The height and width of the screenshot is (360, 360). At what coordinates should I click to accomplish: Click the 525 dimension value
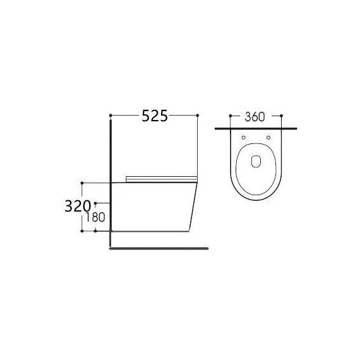tap(154, 116)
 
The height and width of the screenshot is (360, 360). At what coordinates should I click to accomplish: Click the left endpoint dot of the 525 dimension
tap(111, 115)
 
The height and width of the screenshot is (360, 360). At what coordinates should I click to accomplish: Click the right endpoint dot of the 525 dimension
tap(198, 115)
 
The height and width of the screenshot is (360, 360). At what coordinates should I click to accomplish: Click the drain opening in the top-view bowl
tap(256, 160)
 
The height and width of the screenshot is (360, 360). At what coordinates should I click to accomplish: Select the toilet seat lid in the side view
tap(162, 179)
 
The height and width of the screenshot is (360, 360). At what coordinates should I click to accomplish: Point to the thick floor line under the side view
tap(158, 248)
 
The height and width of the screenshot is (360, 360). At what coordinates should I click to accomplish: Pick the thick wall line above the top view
tap(256, 128)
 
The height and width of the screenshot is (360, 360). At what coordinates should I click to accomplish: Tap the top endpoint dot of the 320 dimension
tap(83, 183)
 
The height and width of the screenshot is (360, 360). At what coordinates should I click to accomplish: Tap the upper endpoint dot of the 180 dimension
tap(95, 203)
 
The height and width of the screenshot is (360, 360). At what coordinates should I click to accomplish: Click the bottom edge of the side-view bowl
tap(152, 231)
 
